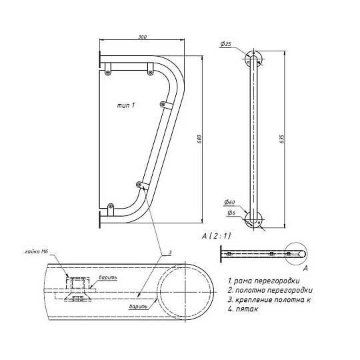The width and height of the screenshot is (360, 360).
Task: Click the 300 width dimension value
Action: coord(143,37)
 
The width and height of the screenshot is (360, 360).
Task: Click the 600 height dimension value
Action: coord(199,139)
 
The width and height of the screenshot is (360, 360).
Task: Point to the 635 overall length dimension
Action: coord(282,139)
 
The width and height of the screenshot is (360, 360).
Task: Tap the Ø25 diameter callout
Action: coord(226,44)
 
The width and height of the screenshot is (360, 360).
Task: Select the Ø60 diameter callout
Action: coord(229,202)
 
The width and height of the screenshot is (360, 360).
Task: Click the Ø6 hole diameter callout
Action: coord(231,213)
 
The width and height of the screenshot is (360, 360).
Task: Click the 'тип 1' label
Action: coord(126,105)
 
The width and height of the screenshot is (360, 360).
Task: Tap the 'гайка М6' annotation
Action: coord(36,251)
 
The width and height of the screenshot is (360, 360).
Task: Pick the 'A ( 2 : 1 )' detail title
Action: coord(216,236)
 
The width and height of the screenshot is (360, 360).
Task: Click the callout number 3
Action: coord(170,252)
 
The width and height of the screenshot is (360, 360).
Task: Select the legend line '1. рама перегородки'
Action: coord(264,281)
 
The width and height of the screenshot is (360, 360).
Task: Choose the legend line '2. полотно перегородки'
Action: coord(270,290)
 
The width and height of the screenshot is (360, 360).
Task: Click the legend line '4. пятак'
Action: coord(243,309)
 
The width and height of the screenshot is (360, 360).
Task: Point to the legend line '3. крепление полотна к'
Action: coord(269,299)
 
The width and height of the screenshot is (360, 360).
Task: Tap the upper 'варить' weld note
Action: coord(108,277)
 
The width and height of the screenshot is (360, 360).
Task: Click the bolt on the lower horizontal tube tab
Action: coord(111,206)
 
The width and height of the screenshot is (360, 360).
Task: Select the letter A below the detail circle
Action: coord(305,268)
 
